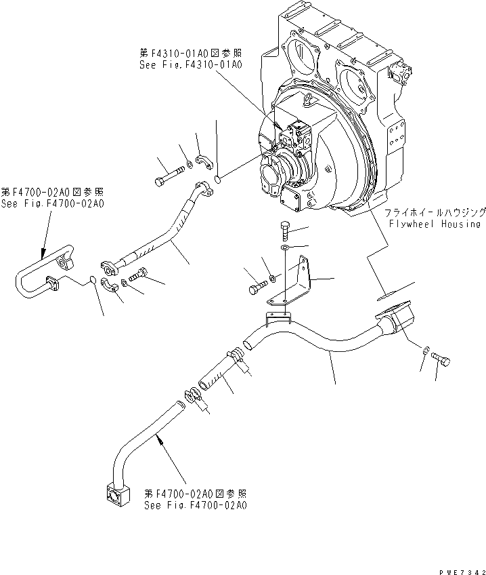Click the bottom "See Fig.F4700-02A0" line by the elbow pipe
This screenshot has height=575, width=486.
(x=195, y=506)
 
